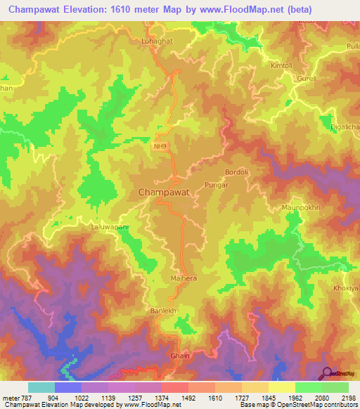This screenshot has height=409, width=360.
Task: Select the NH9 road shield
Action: [x=162, y=147]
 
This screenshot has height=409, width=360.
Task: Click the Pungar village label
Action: [x=215, y=184]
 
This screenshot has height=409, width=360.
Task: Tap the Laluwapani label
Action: [x=111, y=227]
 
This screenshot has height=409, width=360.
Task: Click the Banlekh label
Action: [x=162, y=310]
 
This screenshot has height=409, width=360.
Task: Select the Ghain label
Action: [x=180, y=356]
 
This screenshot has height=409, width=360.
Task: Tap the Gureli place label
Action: [x=307, y=78]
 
